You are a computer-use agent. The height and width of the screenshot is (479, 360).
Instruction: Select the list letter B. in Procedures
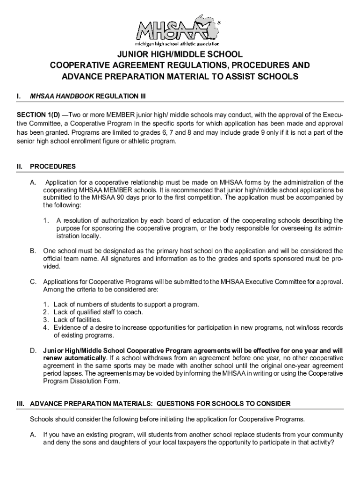click(x=33, y=251)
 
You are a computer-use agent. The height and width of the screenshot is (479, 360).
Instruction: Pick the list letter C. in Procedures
click(x=33, y=282)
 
